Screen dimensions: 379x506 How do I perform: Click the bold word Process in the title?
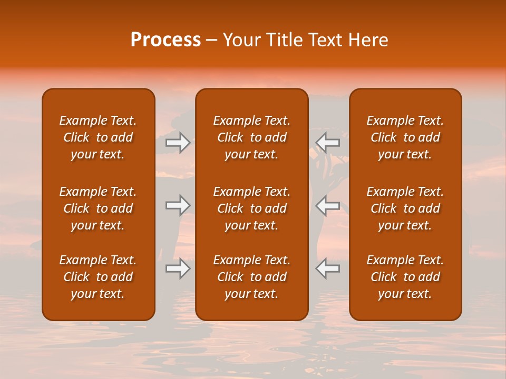coord(166,40)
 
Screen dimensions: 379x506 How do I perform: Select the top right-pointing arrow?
coord(178,142)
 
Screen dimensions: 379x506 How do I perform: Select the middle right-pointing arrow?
coord(178,205)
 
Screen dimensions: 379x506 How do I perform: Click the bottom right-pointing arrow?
coord(178,268)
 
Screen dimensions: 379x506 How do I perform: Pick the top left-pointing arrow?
coord(327,142)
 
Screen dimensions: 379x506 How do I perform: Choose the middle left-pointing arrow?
coord(327,205)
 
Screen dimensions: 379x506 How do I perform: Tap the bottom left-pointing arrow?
coord(327,268)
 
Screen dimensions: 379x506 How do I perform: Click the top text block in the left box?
coord(98,137)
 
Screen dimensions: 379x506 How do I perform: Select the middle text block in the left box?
coord(98,208)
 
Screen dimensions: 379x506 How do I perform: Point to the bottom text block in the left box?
coord(98,277)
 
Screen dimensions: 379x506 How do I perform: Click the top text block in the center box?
coord(251,137)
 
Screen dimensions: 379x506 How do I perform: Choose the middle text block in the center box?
coord(251,208)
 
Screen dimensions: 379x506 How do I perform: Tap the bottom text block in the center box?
coord(251,277)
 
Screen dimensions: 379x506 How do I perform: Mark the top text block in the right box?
coord(405,137)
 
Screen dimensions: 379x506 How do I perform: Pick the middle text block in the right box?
coord(405,208)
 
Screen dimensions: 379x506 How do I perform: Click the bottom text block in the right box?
coord(405,277)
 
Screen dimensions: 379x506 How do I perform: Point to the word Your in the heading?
coord(241,40)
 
